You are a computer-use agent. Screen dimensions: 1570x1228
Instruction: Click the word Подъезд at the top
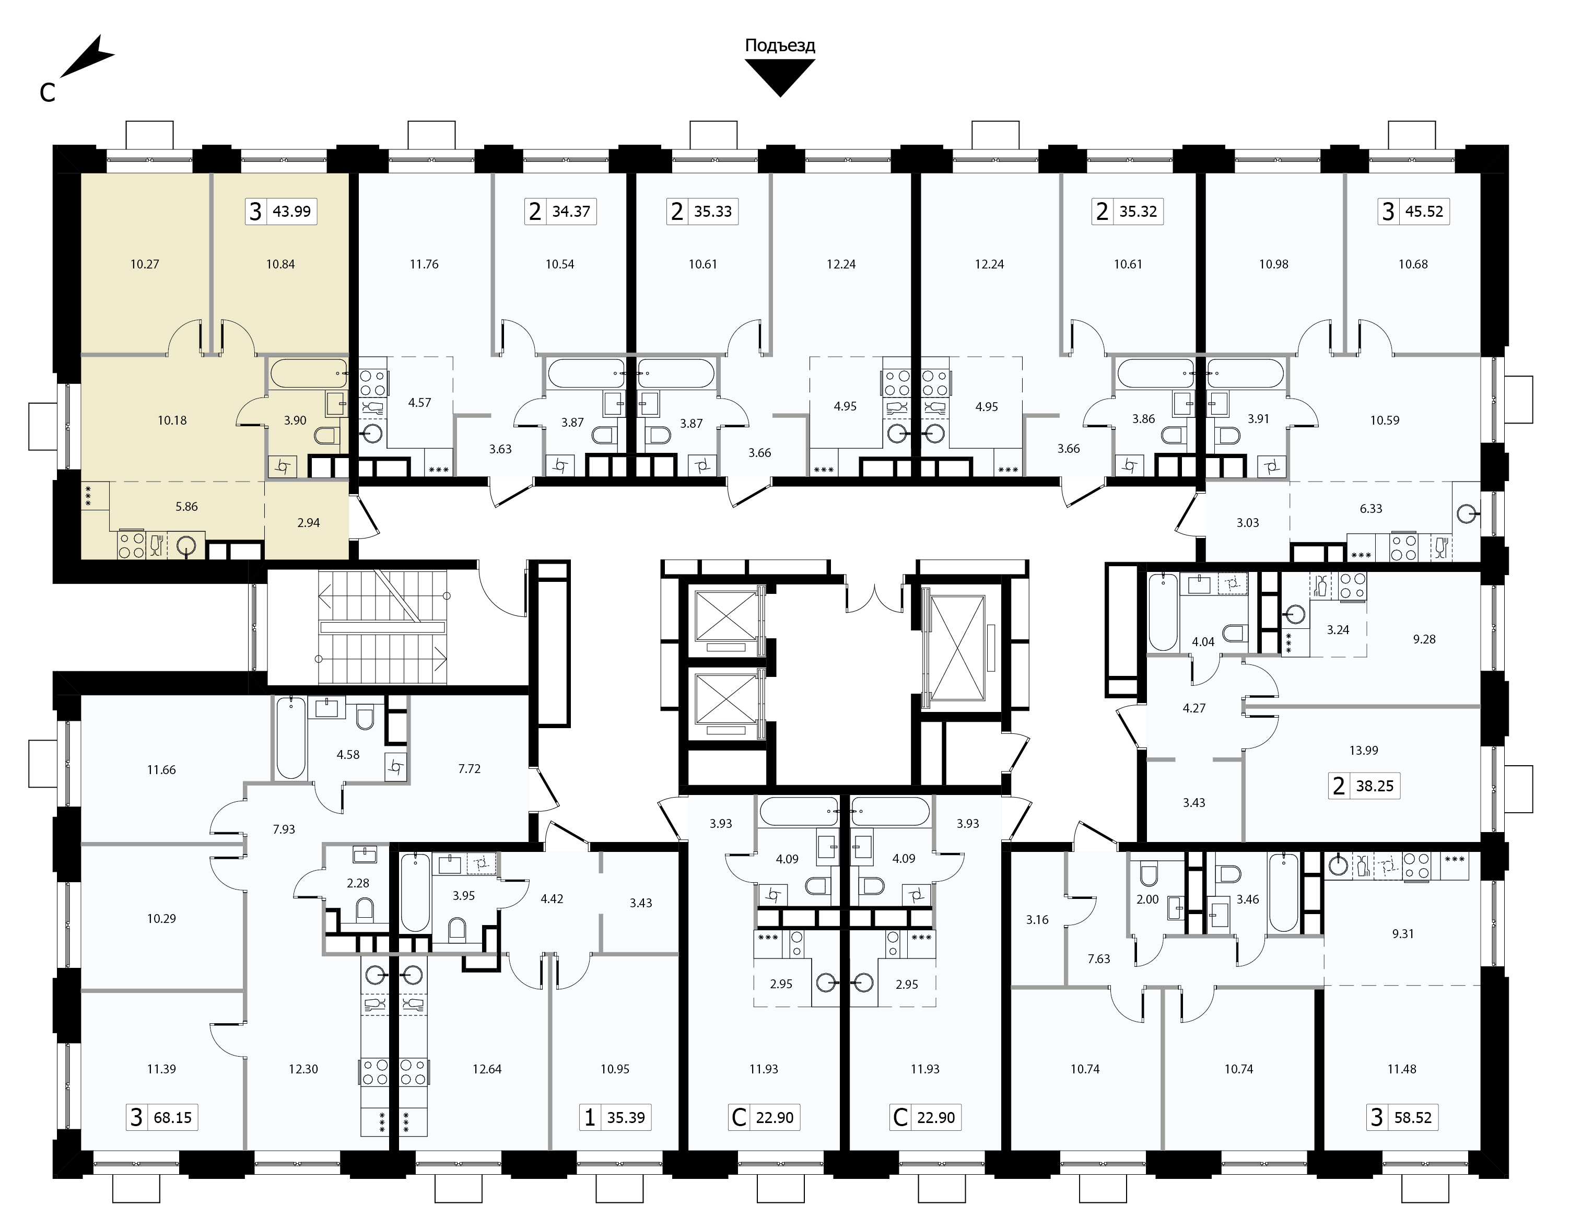pyautogui.click(x=780, y=46)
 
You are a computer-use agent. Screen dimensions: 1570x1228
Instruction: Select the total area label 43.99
pyautogui.click(x=292, y=212)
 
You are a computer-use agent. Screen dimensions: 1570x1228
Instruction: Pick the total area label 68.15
pyautogui.click(x=172, y=1118)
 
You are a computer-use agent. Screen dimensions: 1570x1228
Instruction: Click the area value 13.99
pyautogui.click(x=1364, y=751)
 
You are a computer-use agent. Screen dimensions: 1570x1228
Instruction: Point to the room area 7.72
pyautogui.click(x=470, y=768)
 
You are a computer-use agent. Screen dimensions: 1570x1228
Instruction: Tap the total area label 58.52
pyautogui.click(x=1413, y=1118)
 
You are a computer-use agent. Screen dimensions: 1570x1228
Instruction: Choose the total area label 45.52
pyautogui.click(x=1424, y=212)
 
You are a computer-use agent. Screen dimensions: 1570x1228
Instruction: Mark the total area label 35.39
pyautogui.click(x=625, y=1118)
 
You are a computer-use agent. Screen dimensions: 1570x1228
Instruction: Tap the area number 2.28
pyautogui.click(x=358, y=883)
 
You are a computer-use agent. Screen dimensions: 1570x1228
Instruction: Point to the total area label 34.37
pyautogui.click(x=571, y=212)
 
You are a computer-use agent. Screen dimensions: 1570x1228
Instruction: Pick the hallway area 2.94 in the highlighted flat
pyautogui.click(x=308, y=523)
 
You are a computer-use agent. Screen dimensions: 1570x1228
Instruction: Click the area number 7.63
pyautogui.click(x=1099, y=958)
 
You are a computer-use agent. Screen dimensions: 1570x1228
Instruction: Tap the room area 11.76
pyautogui.click(x=424, y=264)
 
